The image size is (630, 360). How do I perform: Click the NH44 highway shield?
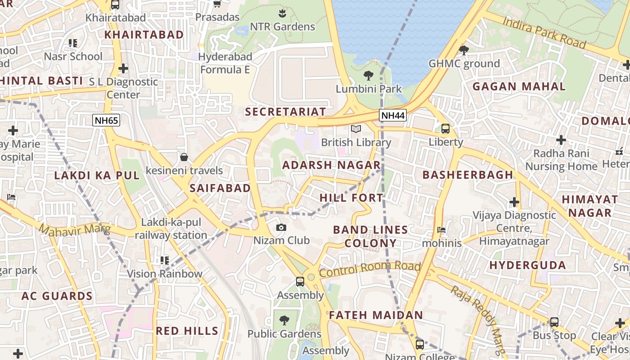click(x=393, y=116)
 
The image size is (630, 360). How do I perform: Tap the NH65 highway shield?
click(x=106, y=120)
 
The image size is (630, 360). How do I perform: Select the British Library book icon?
click(x=356, y=129)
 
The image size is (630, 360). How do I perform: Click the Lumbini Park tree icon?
click(x=369, y=75)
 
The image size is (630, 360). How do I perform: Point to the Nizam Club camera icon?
click(x=281, y=227)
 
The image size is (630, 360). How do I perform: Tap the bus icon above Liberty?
click(x=445, y=129)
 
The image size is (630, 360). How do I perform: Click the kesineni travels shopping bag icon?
click(x=184, y=157)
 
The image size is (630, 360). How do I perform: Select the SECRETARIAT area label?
click(x=285, y=112)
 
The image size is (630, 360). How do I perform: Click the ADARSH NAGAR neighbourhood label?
click(x=331, y=165)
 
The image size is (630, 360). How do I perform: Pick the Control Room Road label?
click(x=369, y=268)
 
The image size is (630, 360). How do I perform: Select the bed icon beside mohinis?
click(x=441, y=230)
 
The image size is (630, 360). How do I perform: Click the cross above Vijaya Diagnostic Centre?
click(x=514, y=202)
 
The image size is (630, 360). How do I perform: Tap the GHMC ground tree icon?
click(x=464, y=50)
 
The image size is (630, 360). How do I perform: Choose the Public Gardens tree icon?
click(x=284, y=320)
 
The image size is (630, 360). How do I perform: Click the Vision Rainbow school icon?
click(x=164, y=260)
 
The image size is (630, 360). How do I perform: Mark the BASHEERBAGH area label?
click(x=468, y=175)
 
